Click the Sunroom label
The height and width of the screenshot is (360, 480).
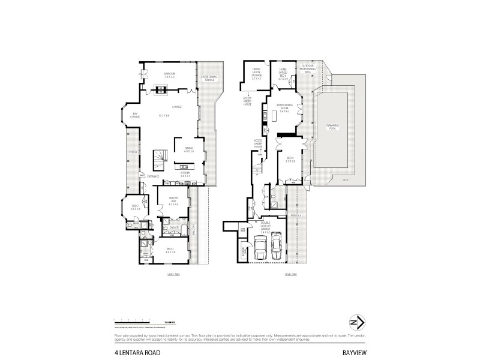(x=169, y=75)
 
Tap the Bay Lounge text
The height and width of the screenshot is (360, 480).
(x=136, y=115)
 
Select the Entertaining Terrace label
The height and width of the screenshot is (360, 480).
(x=209, y=78)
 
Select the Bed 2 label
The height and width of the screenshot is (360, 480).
(x=136, y=208)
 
